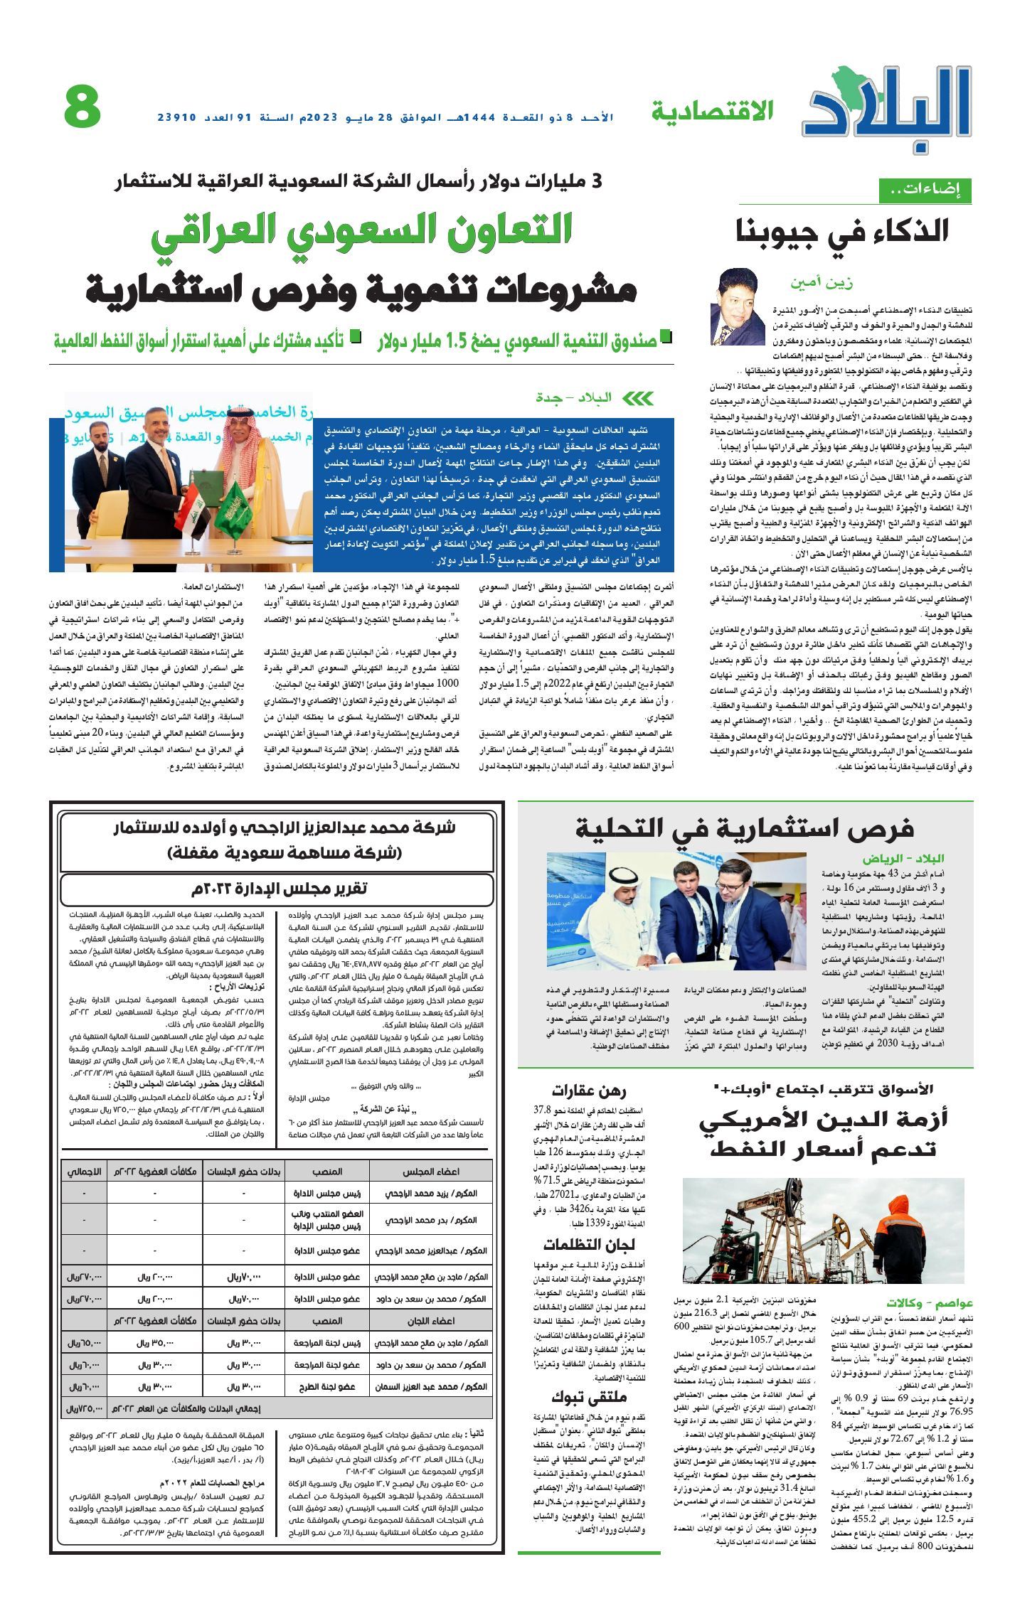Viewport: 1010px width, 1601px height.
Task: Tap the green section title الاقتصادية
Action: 712,111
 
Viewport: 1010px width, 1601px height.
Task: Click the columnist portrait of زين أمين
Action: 737,306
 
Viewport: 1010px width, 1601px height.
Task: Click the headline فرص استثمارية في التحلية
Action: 744,829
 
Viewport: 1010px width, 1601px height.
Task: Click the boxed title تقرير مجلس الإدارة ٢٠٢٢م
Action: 277,889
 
